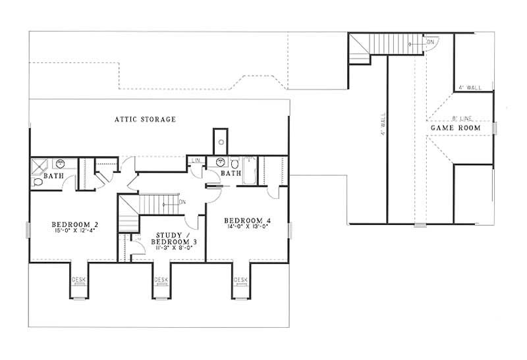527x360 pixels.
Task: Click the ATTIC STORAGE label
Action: pyautogui.click(x=145, y=120)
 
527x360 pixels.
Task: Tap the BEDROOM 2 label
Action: pyautogui.click(x=74, y=224)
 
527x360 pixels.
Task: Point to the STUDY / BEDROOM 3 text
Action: pyautogui.click(x=177, y=238)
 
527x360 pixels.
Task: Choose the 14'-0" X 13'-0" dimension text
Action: pyautogui.click(x=248, y=226)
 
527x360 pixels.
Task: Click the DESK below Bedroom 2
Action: pyautogui.click(x=78, y=280)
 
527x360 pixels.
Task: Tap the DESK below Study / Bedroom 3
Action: pyautogui.click(x=161, y=280)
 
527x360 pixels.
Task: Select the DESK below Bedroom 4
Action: pyautogui.click(x=240, y=280)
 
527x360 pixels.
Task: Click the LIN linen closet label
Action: pyautogui.click(x=196, y=161)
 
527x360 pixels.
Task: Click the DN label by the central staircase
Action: pyautogui.click(x=182, y=201)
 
